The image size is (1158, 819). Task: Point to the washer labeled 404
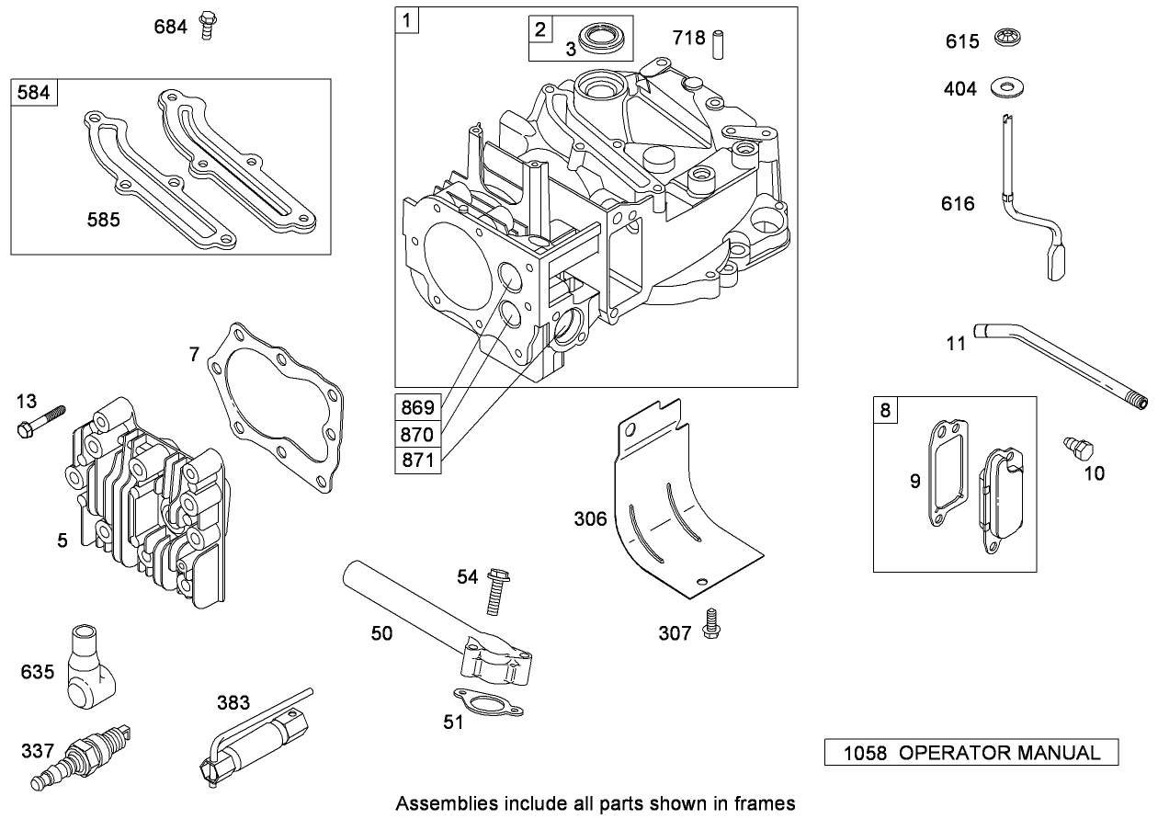click(1008, 89)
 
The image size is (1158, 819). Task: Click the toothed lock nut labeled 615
click(1008, 40)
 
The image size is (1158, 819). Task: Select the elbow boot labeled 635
click(88, 665)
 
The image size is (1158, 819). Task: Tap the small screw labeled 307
click(710, 624)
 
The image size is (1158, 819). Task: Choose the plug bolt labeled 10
click(1079, 449)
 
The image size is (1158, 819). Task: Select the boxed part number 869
click(417, 406)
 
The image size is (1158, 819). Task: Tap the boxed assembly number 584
click(33, 93)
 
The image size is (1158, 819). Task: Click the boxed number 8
click(885, 410)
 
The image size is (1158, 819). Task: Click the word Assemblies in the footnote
click(437, 803)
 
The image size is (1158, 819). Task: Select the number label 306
click(590, 518)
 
